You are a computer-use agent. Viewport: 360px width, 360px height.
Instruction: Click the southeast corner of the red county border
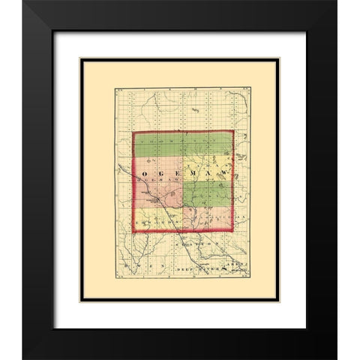pos(233,231)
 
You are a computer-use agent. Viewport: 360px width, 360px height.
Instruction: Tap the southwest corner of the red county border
pos(134,231)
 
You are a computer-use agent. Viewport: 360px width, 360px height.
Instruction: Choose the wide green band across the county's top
pos(184,144)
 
